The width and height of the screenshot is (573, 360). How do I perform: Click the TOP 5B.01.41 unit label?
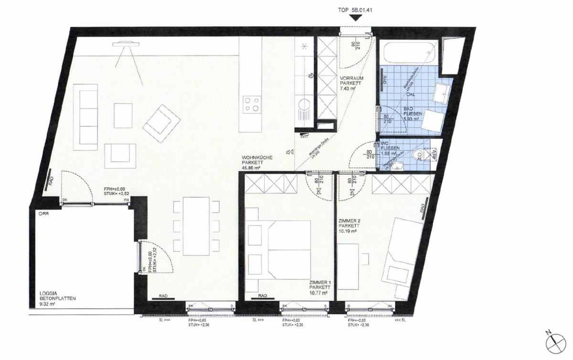pyautogui.click(x=354, y=8)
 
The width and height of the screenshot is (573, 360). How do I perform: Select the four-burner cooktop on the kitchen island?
pyautogui.click(x=252, y=104)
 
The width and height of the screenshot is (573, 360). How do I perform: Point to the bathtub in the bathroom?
pyautogui.click(x=408, y=54)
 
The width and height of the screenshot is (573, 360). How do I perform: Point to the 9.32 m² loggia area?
pyautogui.click(x=48, y=302)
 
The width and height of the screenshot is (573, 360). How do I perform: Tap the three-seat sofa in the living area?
pyautogui.click(x=88, y=115)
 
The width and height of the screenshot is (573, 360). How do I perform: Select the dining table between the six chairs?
pyautogui.click(x=197, y=224)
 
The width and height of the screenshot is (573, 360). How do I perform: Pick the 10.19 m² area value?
pyautogui.click(x=347, y=232)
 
